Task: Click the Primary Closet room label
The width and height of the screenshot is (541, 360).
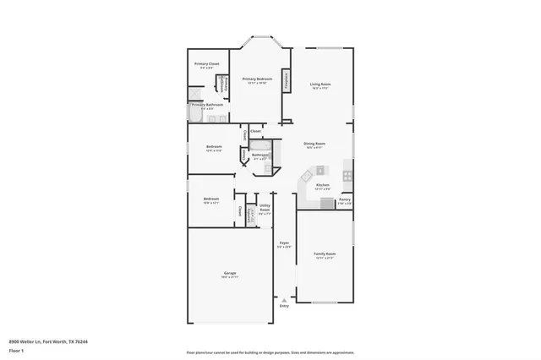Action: [207, 64]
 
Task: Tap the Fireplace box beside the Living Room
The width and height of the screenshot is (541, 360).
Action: [287, 81]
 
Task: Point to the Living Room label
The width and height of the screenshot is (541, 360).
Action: [320, 85]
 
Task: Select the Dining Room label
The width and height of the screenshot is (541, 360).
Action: [314, 145]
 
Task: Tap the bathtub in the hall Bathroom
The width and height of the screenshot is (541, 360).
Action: [261, 146]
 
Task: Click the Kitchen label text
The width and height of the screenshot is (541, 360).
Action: [322, 185]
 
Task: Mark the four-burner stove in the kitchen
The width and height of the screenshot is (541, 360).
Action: [347, 178]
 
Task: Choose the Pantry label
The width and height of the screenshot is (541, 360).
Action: [344, 203]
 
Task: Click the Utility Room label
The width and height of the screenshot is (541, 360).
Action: [265, 210]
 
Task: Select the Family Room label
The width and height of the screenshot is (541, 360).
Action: [325, 254]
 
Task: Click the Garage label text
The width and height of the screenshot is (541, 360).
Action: [229, 274]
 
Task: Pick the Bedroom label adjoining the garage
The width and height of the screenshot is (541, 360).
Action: [211, 200]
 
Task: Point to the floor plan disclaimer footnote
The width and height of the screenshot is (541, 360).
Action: [270, 351]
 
